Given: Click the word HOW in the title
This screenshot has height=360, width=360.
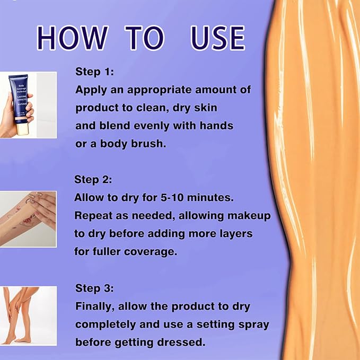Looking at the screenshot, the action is tap(73, 38).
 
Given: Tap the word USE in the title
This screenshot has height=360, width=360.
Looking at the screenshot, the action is tap(217, 38).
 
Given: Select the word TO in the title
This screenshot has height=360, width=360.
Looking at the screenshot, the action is tap(144, 38).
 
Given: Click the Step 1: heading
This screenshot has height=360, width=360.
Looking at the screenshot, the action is tap(94, 72).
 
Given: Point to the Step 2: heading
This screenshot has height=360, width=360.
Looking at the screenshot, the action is tap(93, 179).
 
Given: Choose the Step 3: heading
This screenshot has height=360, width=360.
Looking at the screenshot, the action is tap(94, 288).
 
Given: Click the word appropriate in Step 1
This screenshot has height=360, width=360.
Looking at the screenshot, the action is tap(160, 90).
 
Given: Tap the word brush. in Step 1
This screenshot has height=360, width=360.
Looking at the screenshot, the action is tap(148, 144).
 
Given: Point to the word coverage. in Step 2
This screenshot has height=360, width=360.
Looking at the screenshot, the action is tap(151, 252).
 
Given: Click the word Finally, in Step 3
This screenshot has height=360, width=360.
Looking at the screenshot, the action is tap(95, 307).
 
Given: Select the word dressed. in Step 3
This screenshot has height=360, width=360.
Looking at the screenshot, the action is tap(181, 343).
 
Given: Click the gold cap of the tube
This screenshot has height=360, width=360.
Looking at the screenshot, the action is tap(22, 127).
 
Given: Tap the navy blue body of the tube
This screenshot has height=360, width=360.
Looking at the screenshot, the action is tap(19, 96).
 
